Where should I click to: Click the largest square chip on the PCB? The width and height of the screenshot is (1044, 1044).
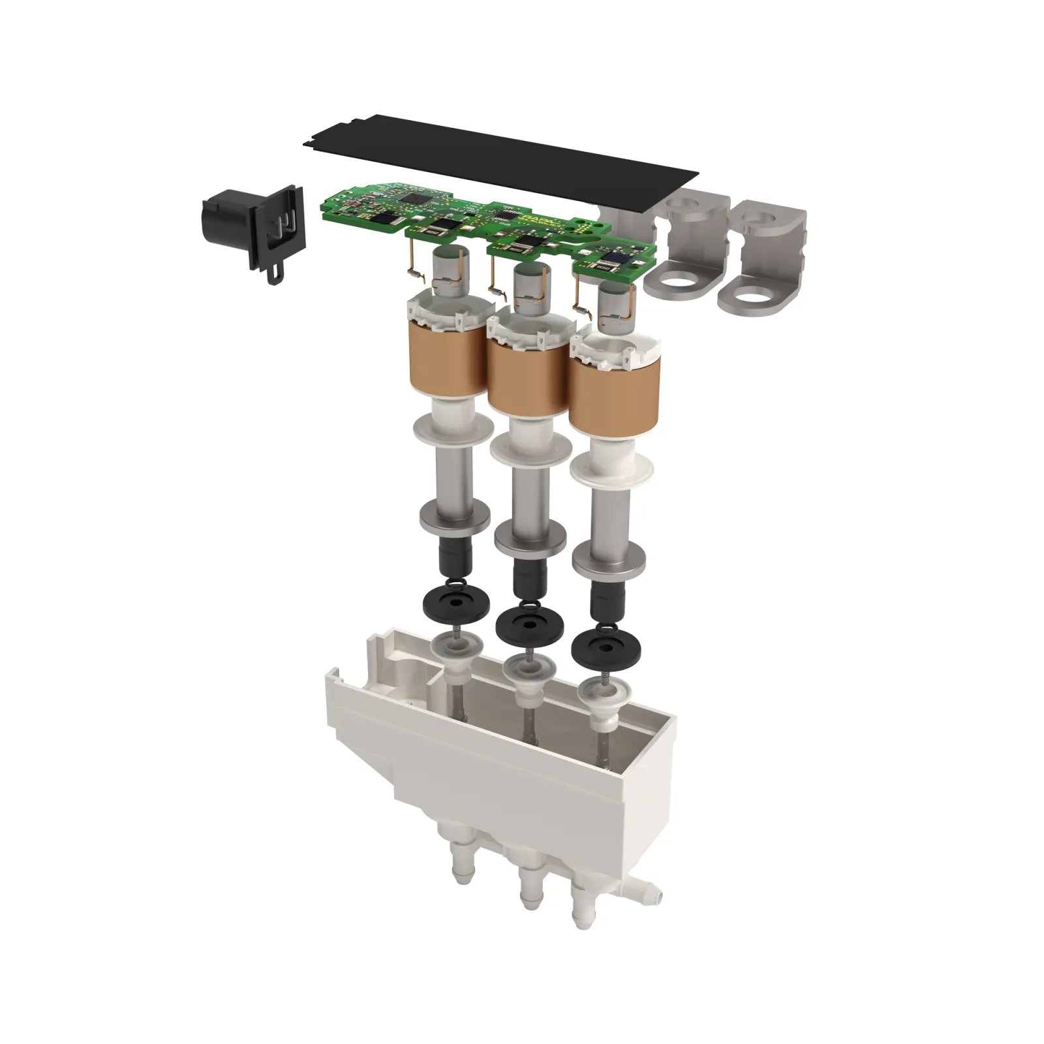point(412,196)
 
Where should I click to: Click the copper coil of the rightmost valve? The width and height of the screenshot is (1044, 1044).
point(613,398)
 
